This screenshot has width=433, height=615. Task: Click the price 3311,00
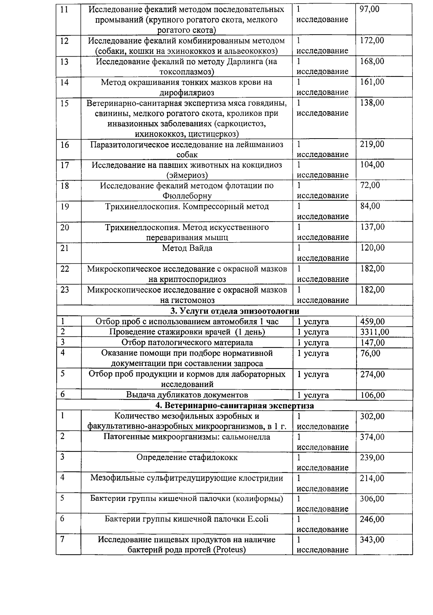[x=375, y=332]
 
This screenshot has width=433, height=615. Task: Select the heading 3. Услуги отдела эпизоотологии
[x=235, y=311]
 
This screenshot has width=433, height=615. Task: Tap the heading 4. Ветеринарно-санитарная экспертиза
[x=235, y=406]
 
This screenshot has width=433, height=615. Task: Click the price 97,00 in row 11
[x=369, y=9]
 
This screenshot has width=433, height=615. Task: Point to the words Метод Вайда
[x=187, y=248]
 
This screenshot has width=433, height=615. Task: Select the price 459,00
[x=372, y=322]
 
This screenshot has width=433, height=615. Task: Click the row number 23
[x=65, y=290]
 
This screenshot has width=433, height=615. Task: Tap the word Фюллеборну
[x=187, y=196]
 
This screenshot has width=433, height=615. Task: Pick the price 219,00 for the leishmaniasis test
[x=372, y=144]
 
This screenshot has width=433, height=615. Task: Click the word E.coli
[x=258, y=519]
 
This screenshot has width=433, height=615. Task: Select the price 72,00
[x=370, y=186]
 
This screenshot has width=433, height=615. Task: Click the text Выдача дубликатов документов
[x=187, y=395]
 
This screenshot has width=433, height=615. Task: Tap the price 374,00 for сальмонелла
[x=372, y=437]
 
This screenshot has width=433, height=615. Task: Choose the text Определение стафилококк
[x=187, y=458]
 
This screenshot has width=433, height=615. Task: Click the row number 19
[x=65, y=206]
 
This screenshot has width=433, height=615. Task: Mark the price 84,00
[x=370, y=206]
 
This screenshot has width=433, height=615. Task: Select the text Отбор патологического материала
[x=187, y=343]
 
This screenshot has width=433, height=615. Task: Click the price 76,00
[x=370, y=353]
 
